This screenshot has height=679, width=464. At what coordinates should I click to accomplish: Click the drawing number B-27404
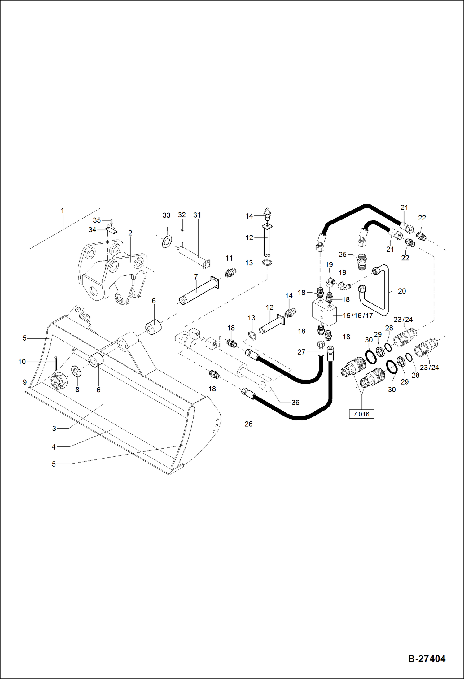(x=427, y=659)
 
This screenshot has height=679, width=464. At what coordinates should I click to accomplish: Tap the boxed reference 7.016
(x=361, y=414)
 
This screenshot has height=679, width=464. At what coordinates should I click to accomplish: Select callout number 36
(x=295, y=402)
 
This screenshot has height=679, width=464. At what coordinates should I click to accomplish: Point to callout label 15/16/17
(x=358, y=316)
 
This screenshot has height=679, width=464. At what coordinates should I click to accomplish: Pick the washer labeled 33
(x=167, y=242)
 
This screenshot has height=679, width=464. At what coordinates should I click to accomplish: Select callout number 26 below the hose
(x=248, y=424)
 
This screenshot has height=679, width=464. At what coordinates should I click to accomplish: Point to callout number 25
(x=342, y=254)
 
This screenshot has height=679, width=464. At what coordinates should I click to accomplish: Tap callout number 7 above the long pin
(x=196, y=276)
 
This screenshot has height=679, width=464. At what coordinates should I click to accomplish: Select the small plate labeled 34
(x=111, y=230)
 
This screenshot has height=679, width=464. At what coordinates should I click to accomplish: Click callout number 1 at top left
(x=62, y=211)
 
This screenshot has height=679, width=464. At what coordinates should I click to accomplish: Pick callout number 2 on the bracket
(x=130, y=233)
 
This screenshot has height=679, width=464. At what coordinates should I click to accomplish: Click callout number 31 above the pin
(x=197, y=215)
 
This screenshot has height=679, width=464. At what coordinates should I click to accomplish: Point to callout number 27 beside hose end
(x=301, y=352)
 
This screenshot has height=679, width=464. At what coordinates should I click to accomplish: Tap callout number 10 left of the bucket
(x=22, y=361)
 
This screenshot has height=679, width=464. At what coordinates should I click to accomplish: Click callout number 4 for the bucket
(x=54, y=447)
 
